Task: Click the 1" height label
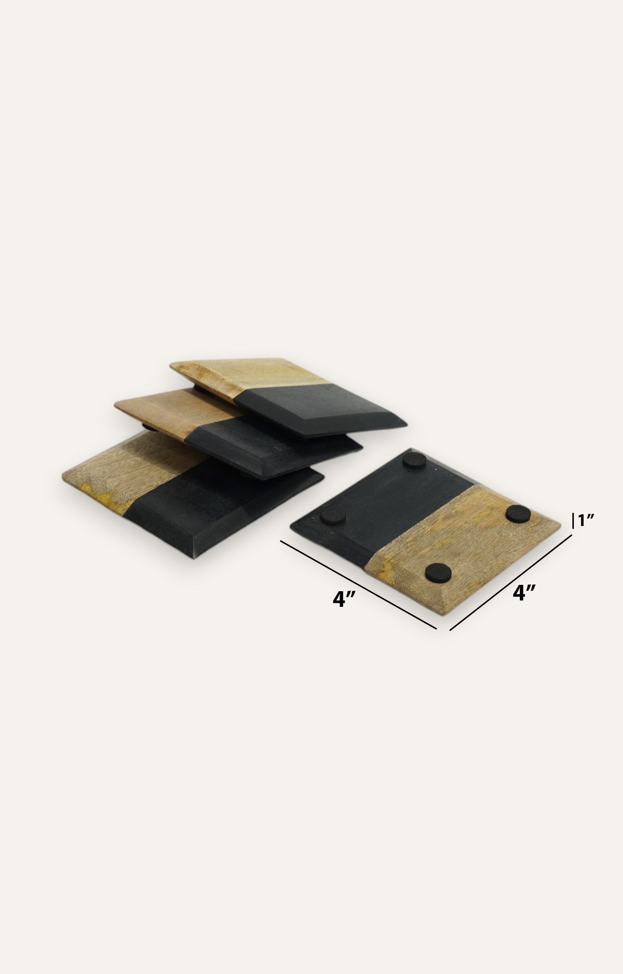[x=586, y=521]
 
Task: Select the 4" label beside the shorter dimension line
[x=525, y=593]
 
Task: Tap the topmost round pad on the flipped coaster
[x=415, y=460]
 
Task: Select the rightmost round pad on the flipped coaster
[x=518, y=513]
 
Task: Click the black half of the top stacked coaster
[x=321, y=409]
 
